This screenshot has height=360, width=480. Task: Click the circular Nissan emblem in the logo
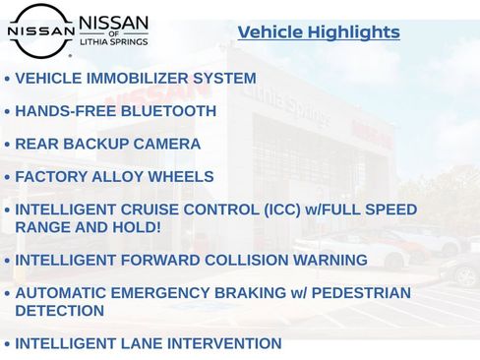tap(40, 30)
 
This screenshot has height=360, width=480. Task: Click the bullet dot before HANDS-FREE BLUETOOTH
tap(8, 112)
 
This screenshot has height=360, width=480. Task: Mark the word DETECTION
tap(59, 311)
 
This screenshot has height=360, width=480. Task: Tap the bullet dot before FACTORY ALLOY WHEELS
tap(8, 178)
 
